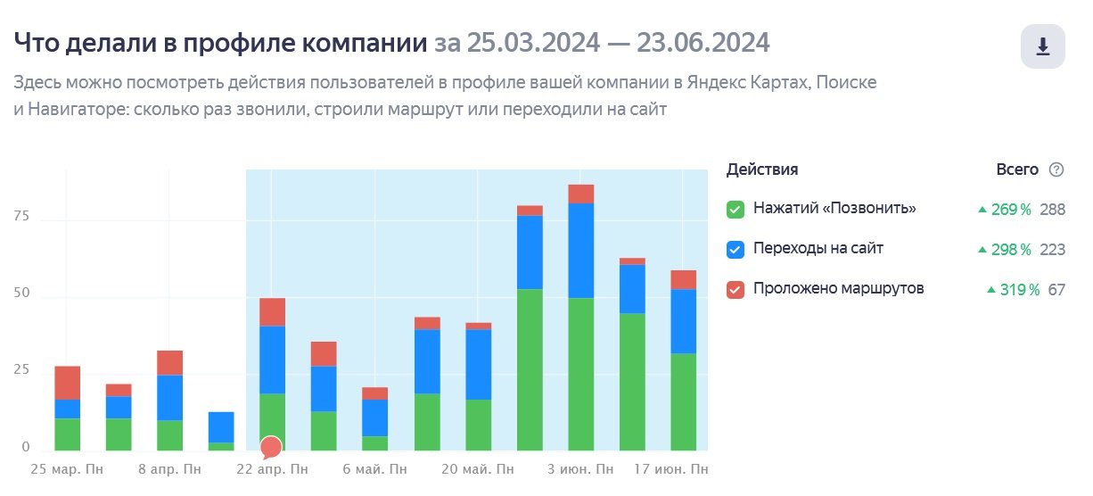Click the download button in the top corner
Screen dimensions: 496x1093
click(x=1042, y=46)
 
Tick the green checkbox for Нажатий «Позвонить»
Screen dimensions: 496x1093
click(x=736, y=210)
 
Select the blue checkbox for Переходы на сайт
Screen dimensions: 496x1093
click(x=736, y=250)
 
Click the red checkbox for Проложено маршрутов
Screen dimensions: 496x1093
click(x=736, y=290)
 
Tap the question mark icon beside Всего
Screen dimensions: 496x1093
click(x=1056, y=169)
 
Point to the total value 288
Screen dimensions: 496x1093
click(x=1052, y=210)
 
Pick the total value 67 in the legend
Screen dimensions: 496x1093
click(x=1056, y=290)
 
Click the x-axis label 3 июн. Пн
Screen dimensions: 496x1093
click(x=580, y=468)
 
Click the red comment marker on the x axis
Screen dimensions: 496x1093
click(x=271, y=447)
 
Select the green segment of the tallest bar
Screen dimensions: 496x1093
click(x=580, y=375)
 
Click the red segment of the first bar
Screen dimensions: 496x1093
click(x=67, y=383)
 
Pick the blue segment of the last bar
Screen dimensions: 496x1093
click(x=684, y=321)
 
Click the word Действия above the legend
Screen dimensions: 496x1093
click(x=762, y=169)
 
